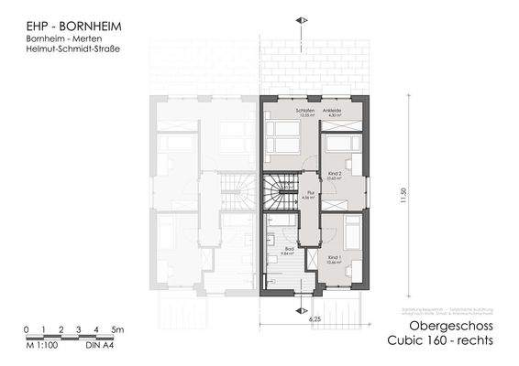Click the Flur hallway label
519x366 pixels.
click(311, 193)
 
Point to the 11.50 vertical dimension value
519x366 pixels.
click(403, 199)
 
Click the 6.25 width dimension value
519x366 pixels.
click(315, 319)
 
